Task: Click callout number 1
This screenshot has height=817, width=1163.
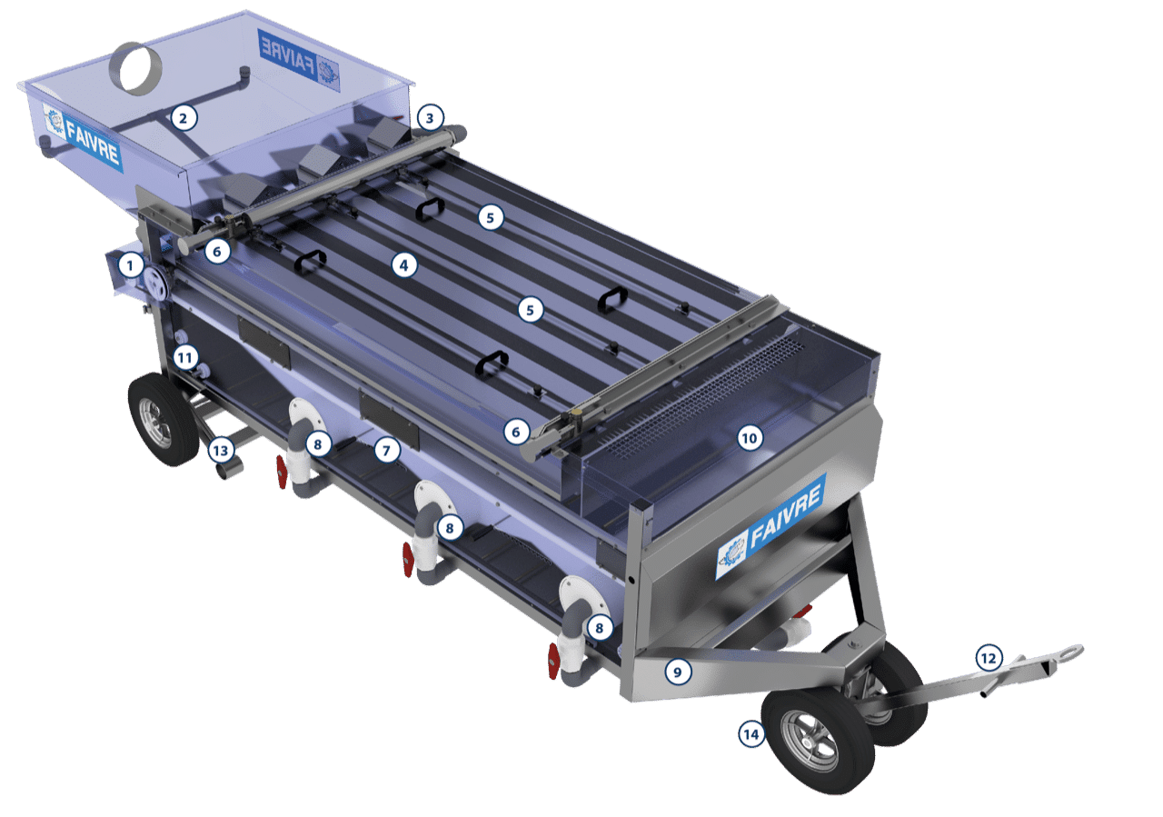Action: coord(130,265)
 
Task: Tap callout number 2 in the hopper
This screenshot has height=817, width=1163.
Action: coord(183,118)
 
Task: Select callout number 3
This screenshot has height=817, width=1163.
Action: coord(430,118)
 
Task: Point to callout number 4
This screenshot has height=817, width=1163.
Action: coord(404,265)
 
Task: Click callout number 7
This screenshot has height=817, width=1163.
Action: coord(386,450)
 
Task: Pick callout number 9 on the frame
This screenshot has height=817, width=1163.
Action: coord(678,673)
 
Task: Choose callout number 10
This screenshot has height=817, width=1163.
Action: coord(750,438)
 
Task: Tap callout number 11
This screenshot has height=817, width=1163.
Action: coord(185,357)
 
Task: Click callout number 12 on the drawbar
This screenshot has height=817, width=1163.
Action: coord(989,658)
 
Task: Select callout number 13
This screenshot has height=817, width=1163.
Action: coord(221,451)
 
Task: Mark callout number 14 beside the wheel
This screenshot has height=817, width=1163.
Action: coord(751,734)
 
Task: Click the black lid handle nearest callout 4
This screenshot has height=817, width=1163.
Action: coord(310,261)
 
